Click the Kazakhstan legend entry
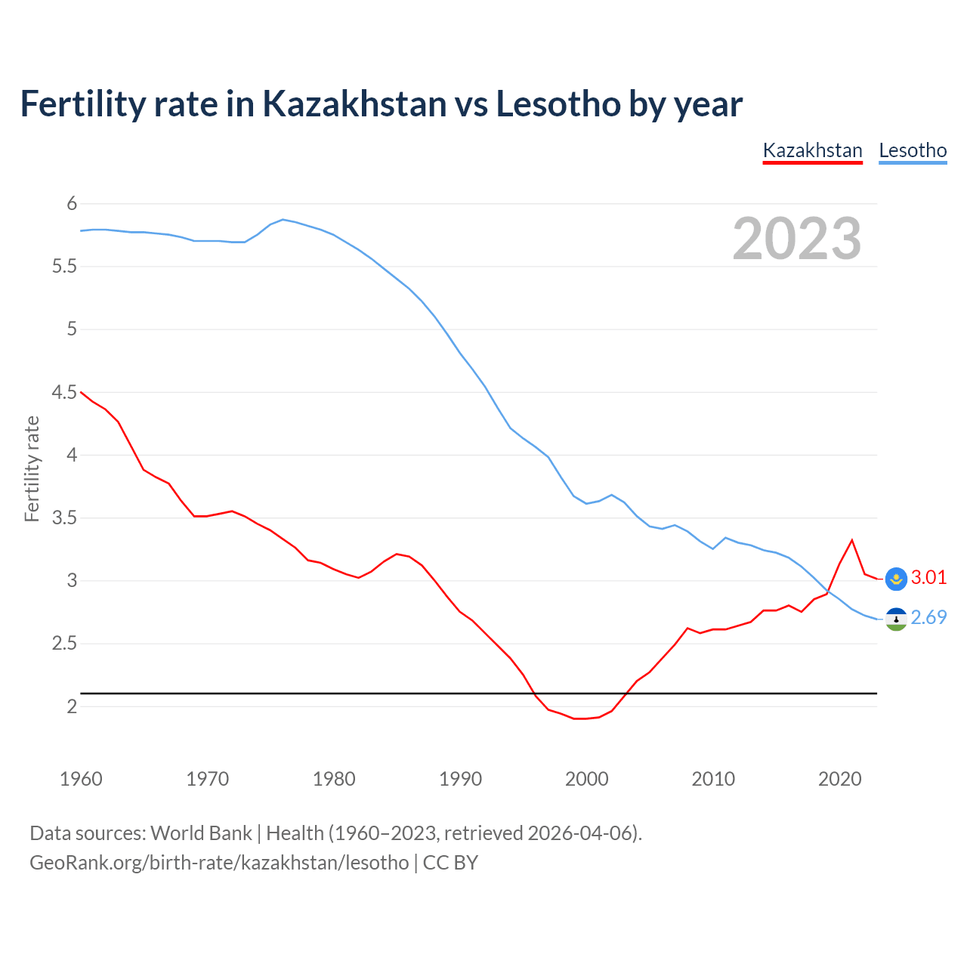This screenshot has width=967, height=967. [812, 150]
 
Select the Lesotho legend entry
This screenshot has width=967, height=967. [913, 150]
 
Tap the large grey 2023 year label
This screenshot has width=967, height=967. [797, 239]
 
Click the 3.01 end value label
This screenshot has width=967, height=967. [928, 578]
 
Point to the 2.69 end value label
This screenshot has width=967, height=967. [928, 618]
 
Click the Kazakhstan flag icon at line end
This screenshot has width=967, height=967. [896, 579]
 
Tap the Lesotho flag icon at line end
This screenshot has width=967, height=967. [896, 619]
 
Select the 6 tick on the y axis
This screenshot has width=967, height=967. [73, 203]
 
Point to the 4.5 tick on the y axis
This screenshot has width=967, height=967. [65, 392]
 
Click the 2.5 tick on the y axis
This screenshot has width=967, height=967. [65, 644]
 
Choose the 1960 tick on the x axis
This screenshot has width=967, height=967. [81, 779]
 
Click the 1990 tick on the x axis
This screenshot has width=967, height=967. [460, 779]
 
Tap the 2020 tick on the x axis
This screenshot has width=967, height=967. [839, 779]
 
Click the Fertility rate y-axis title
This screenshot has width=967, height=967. [32, 468]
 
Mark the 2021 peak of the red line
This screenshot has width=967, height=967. [852, 540]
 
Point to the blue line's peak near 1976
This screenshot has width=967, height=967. [283, 219]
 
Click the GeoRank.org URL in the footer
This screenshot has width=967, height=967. [219, 863]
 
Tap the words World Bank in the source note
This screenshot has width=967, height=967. [201, 833]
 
